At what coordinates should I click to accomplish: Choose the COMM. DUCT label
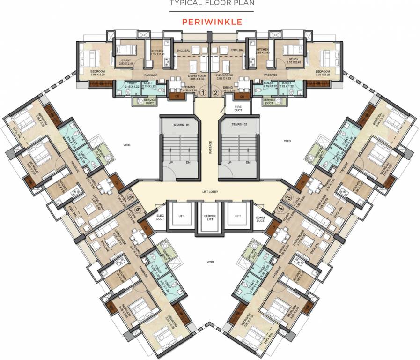coord(260,218)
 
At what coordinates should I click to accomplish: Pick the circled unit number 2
coord(215,93)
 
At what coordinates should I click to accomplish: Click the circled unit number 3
coord(288,199)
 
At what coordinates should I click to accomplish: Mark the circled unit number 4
coord(281,209)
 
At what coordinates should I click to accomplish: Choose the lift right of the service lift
coord(237,216)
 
